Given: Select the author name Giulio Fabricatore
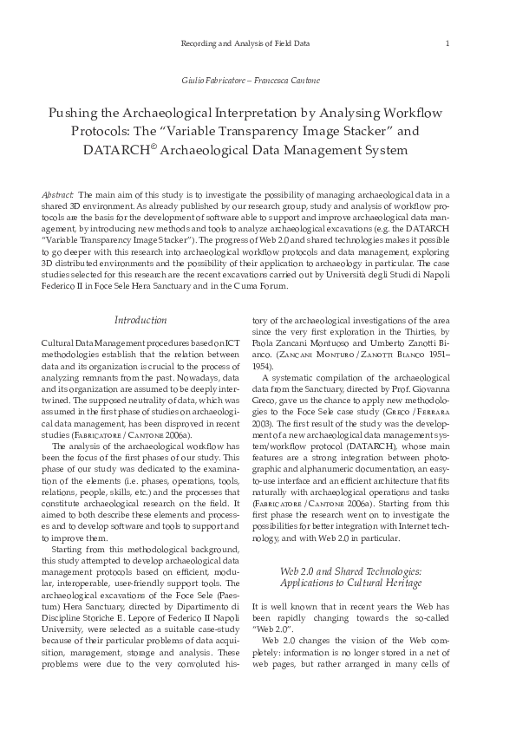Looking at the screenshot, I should point(212,81).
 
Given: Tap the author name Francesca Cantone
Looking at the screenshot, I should point(289,81).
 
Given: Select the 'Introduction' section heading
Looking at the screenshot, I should point(140,321).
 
